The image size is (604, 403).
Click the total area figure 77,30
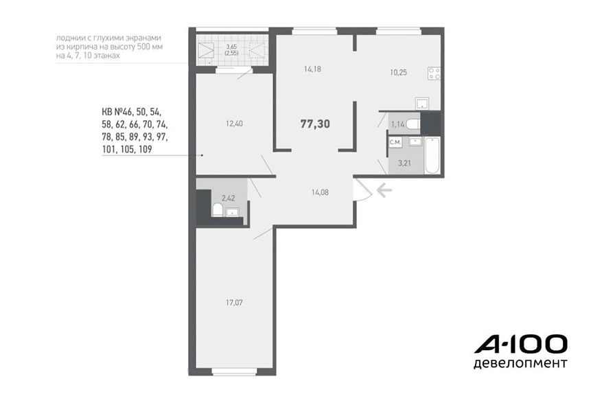pos(315,124)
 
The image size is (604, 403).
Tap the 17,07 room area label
pos(234,303)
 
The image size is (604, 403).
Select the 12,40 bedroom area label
pos(234,124)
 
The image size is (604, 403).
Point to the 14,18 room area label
pos(312,69)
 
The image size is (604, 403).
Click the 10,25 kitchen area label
pos(398,73)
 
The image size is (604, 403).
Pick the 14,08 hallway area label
pos(320,192)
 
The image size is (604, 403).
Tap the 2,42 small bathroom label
pos(228,198)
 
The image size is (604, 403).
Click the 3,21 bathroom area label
pos(404,163)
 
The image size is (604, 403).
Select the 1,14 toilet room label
pos(398,124)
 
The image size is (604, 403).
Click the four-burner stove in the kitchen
pos(434,73)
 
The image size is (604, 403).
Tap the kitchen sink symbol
pos(422,103)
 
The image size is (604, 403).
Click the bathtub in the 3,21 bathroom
pos(432,156)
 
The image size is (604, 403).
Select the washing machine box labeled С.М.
pos(395,142)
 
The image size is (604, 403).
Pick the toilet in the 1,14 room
pos(413,124)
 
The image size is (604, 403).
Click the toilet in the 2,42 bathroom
pos(218,210)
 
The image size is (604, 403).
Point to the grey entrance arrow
pos(384,190)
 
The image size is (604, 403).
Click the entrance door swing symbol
pos(363,189)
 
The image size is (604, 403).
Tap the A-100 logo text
pos(521,344)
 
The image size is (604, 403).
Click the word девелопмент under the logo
pos(520,363)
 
